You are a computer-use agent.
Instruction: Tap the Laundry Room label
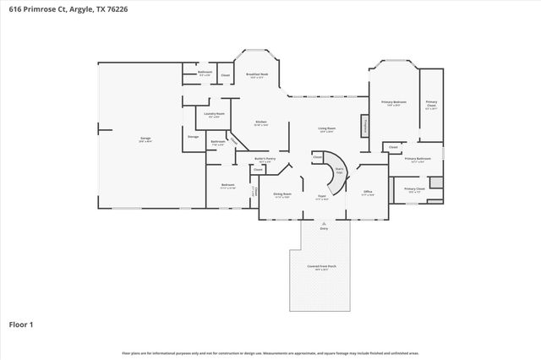pos(214,114)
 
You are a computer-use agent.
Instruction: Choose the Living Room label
pos(326,129)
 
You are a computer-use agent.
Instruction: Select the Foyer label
pos(322,197)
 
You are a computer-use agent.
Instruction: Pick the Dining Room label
pos(282,195)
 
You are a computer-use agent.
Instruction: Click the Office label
pos(369,193)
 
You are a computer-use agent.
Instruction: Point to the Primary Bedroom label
pos(393,103)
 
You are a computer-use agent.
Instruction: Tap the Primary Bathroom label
pos(418,159)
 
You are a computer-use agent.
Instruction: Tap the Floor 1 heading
pos(22,324)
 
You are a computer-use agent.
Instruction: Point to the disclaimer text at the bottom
pos(270,352)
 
